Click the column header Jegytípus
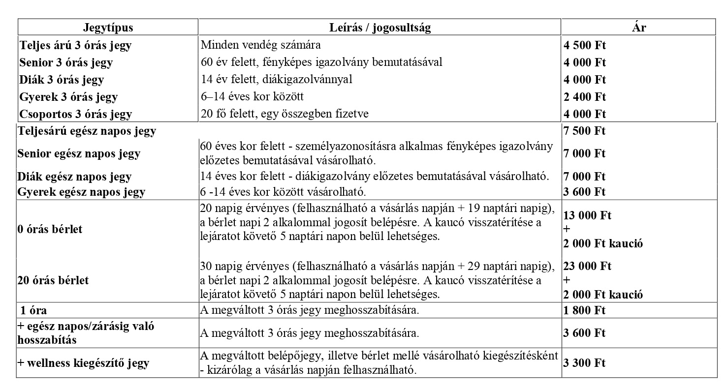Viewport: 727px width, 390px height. click(x=108, y=28)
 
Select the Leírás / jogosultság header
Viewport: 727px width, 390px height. click(x=379, y=28)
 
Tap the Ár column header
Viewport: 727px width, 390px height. click(x=638, y=28)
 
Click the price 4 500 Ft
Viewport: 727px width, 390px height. click(x=585, y=46)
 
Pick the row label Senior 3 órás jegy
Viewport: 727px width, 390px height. click(x=66, y=63)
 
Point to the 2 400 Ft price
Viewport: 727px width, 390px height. click(x=585, y=97)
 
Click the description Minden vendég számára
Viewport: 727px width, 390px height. click(x=261, y=45)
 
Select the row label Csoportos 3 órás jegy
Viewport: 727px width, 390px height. click(x=76, y=114)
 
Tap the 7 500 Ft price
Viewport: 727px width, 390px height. click(x=585, y=131)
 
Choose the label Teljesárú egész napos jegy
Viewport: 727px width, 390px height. click(x=87, y=131)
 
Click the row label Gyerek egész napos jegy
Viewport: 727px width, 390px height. click(x=81, y=192)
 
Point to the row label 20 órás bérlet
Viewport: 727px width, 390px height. click(x=53, y=280)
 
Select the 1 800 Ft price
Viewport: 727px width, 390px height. click(x=585, y=311)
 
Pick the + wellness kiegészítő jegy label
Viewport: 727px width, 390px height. click(x=83, y=363)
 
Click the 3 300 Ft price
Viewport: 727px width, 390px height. click(x=585, y=363)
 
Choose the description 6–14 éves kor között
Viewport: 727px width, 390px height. click(x=252, y=97)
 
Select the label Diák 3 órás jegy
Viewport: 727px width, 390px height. click(x=62, y=80)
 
